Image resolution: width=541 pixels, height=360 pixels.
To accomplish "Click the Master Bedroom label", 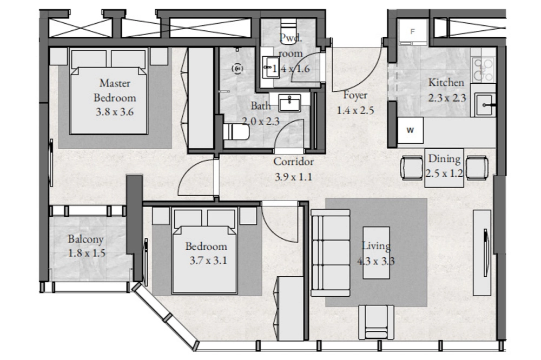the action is (115, 90).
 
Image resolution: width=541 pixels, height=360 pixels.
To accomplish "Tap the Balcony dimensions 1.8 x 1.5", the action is (87, 254).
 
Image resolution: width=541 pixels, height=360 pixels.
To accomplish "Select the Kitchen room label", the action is (446, 82).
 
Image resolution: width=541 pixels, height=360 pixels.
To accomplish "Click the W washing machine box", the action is (410, 130).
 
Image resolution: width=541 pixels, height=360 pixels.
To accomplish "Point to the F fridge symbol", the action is (413, 32).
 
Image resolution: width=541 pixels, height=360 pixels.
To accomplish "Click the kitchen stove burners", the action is (483, 70).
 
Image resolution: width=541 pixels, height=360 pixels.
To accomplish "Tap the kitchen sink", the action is (485, 105).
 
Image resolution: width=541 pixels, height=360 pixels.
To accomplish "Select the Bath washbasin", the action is (289, 103).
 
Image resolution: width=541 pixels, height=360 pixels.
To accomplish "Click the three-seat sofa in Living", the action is (331, 253).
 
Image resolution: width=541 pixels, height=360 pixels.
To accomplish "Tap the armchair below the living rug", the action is (376, 322).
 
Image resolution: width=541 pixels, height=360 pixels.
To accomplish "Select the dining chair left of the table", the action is (412, 168).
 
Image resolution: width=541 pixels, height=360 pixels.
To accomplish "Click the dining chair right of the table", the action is (477, 168).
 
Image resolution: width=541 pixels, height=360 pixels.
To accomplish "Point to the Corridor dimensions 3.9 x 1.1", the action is (293, 177).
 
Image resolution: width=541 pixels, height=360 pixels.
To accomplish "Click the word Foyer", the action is (355, 95).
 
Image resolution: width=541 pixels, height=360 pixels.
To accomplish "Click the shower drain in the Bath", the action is (237, 69).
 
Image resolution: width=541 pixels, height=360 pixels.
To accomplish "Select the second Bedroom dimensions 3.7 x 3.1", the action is (208, 261).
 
